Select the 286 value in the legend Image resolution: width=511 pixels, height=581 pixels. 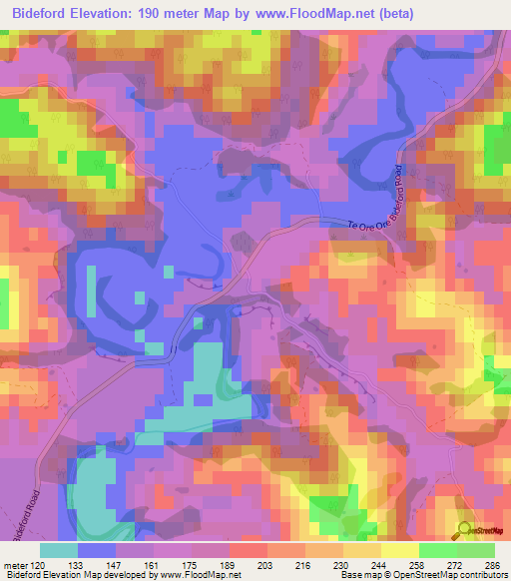[492, 564]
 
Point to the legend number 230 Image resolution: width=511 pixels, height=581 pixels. [341, 564]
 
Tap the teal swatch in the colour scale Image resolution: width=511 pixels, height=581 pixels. [59, 550]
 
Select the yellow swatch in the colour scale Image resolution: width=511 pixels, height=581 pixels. [400, 550]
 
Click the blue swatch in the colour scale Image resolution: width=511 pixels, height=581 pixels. [97, 550]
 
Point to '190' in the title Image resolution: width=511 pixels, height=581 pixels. [167, 13]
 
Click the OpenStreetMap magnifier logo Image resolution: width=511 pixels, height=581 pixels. [464, 529]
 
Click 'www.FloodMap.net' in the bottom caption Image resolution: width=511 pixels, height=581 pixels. [198, 576]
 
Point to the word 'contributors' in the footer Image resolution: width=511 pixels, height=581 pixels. [481, 576]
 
